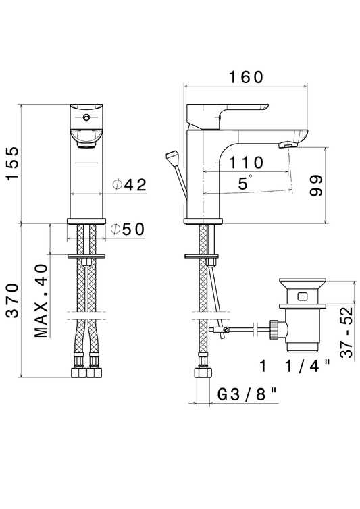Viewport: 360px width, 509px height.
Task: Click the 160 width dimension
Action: click(x=246, y=77)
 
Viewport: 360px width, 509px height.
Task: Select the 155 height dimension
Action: click(x=14, y=163)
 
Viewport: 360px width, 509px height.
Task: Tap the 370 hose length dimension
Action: click(x=14, y=300)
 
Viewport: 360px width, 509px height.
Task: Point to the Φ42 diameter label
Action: click(x=129, y=185)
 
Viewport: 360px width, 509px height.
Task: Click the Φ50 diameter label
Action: click(x=128, y=230)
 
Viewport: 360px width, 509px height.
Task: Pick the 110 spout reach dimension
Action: click(x=246, y=162)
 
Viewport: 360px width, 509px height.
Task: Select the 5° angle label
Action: click(x=245, y=182)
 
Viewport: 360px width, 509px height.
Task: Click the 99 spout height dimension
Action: click(x=316, y=186)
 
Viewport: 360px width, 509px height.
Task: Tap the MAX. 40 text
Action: click(x=41, y=300)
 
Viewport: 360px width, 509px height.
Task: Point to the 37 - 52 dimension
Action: click(x=346, y=331)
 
